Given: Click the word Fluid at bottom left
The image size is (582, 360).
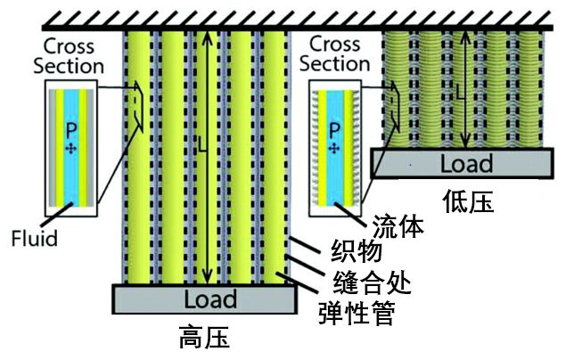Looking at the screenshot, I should [x=36, y=238].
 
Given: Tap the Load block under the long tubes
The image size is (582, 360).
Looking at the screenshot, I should [x=203, y=299].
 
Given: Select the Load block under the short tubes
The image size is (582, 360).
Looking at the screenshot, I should [x=462, y=163].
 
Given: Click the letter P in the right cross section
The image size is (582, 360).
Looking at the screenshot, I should [x=333, y=131].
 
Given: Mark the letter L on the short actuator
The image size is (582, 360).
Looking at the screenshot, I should [x=461, y=91].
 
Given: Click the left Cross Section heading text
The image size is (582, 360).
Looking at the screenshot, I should [x=72, y=54].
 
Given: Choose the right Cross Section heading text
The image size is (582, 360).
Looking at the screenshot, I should [x=336, y=53].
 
